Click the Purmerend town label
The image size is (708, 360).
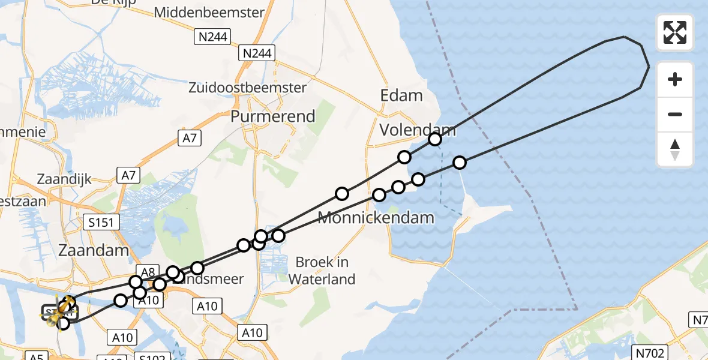[273, 116]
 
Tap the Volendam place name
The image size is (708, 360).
[418, 129]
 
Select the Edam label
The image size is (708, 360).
[401, 95]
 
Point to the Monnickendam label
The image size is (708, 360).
[376, 217]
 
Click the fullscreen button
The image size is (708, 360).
[675, 32]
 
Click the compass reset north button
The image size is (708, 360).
[675, 149]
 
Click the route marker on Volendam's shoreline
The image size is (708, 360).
[435, 139]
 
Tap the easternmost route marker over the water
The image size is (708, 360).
[460, 162]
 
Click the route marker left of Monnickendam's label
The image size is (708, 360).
[342, 193]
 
